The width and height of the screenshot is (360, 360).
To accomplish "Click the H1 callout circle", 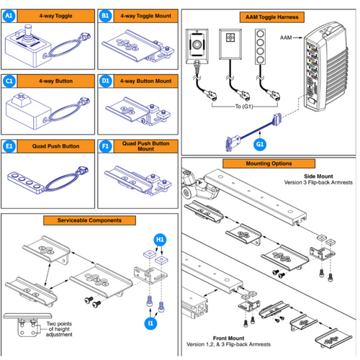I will (162, 238).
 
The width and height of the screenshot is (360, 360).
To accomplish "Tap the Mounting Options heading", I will (269, 164).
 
